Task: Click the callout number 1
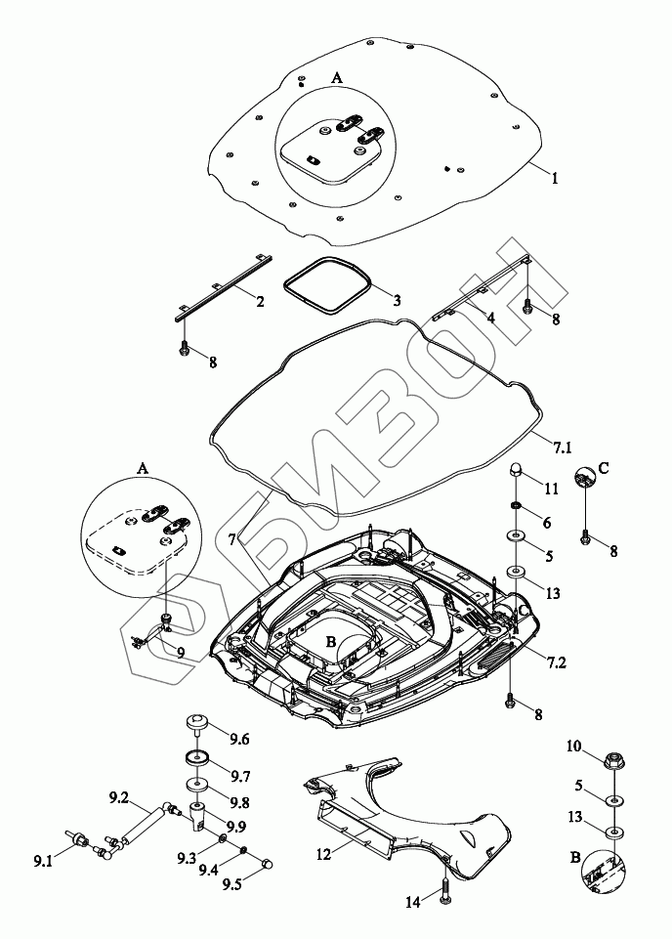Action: [554, 179]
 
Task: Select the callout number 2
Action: [260, 302]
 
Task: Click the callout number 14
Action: [413, 904]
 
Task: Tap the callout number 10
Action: [573, 747]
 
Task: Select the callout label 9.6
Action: [238, 739]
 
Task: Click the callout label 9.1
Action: [43, 861]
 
